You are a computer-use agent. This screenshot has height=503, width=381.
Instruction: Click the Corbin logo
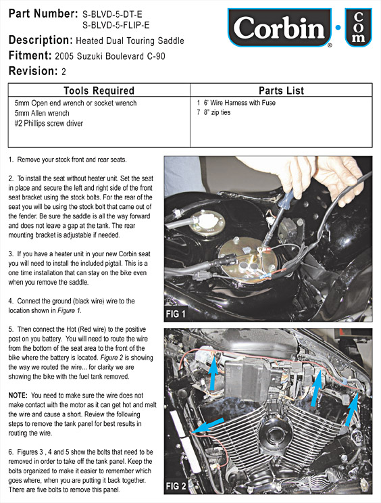click(x=280, y=28)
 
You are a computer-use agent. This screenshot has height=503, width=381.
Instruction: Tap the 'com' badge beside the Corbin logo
click(x=358, y=28)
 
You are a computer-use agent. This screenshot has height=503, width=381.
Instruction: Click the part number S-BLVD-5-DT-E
click(x=112, y=14)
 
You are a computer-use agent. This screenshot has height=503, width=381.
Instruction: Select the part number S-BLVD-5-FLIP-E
click(x=116, y=25)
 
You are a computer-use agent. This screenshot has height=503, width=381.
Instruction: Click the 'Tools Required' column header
click(x=99, y=91)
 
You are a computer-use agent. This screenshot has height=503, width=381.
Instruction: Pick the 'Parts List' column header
click(x=281, y=91)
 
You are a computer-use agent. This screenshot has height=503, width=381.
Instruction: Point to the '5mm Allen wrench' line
click(x=42, y=113)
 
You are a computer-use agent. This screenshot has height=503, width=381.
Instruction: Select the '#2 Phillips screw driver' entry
click(x=49, y=124)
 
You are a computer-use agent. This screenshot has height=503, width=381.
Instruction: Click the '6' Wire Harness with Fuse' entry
click(x=236, y=103)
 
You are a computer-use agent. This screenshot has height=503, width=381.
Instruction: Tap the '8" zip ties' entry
click(x=213, y=112)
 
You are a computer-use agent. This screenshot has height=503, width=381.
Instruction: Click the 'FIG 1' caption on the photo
click(x=176, y=314)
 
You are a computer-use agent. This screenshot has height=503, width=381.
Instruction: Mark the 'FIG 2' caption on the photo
click(x=176, y=486)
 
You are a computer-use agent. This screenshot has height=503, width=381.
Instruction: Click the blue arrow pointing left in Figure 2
click(x=209, y=425)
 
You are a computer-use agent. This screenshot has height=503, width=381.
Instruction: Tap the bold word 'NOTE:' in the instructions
click(x=18, y=396)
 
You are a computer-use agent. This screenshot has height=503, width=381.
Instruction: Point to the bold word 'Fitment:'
click(x=30, y=55)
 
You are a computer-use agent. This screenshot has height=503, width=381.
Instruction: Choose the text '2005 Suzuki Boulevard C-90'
click(x=110, y=57)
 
